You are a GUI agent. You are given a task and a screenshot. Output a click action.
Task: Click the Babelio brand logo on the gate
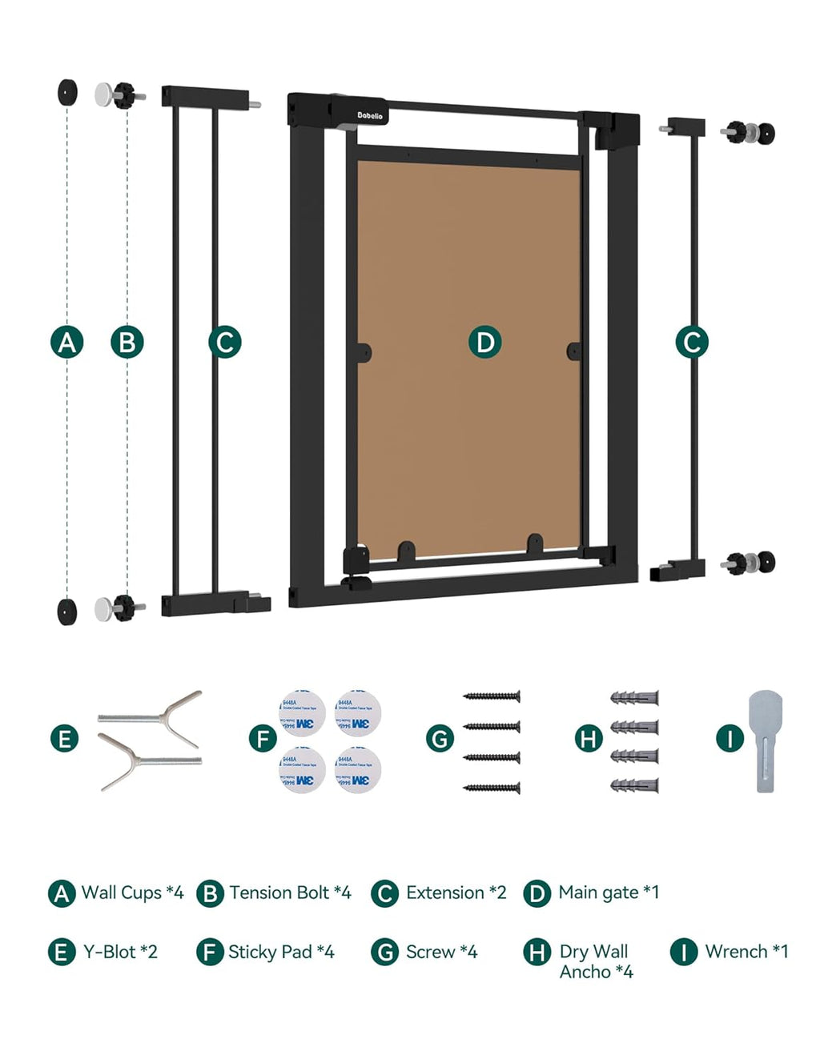(369, 115)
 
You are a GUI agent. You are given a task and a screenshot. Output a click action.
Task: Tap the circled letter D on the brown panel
(484, 343)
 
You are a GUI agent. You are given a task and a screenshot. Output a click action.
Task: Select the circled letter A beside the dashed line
(67, 343)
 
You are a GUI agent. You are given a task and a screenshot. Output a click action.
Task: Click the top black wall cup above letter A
(67, 92)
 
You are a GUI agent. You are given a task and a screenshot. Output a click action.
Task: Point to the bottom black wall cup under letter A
(67, 611)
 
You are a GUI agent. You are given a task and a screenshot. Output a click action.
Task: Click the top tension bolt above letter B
(119, 95)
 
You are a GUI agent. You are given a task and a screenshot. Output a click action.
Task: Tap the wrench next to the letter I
(765, 741)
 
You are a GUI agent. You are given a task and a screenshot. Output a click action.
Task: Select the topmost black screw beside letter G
(492, 696)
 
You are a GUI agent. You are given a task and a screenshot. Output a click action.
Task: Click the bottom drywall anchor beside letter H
(634, 785)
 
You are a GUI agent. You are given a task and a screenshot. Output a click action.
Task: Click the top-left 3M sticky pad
(302, 712)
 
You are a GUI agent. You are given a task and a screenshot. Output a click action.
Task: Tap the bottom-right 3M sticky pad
(357, 770)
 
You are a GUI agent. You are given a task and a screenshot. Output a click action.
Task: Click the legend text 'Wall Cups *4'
(132, 893)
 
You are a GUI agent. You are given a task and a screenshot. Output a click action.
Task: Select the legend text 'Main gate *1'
(609, 893)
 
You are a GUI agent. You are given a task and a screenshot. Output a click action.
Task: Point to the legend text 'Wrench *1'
(746, 952)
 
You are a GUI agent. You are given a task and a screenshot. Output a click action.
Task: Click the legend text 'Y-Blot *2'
(120, 952)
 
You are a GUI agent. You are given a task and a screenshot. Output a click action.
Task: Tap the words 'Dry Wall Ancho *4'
(596, 961)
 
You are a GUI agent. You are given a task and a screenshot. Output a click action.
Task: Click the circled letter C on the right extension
(692, 343)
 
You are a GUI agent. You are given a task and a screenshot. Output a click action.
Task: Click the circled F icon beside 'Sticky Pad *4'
(210, 952)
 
